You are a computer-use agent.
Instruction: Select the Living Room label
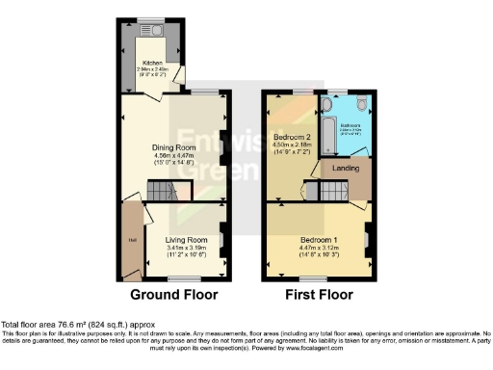click(x=185, y=239)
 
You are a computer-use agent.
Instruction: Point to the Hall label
click(x=129, y=238)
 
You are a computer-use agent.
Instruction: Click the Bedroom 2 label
click(x=292, y=138)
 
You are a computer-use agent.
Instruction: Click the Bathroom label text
click(x=350, y=125)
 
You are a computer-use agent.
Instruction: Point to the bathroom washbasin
click(x=336, y=103)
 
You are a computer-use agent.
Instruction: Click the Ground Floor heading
click(x=173, y=294)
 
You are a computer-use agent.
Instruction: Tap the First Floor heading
click(x=319, y=294)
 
